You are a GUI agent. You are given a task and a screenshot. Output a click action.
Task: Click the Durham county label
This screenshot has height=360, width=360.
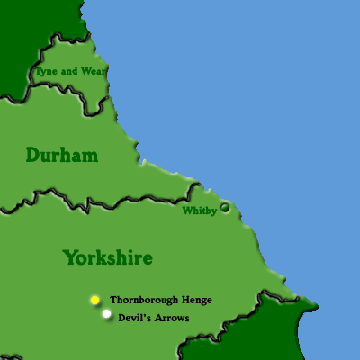61,156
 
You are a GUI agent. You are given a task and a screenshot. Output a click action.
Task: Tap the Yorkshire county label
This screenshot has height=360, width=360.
107,257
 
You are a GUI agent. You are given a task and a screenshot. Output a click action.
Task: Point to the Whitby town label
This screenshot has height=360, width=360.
199,211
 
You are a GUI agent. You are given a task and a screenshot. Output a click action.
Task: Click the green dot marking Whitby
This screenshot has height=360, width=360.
225,207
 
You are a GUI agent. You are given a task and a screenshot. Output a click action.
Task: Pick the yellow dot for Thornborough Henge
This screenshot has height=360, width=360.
94,299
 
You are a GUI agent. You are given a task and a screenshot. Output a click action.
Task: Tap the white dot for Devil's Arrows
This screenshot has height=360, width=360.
107,314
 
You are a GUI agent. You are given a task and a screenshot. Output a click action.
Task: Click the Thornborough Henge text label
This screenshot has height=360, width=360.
160,300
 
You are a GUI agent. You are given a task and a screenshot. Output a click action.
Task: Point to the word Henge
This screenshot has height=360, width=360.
196,300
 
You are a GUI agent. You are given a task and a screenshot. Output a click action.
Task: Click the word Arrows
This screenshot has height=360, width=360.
171,318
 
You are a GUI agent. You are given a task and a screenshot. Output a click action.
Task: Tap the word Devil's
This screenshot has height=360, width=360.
133,318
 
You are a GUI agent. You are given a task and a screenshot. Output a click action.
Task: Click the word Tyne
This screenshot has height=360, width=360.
45,70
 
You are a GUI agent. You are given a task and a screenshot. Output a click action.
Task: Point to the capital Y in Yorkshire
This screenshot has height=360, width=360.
69,257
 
